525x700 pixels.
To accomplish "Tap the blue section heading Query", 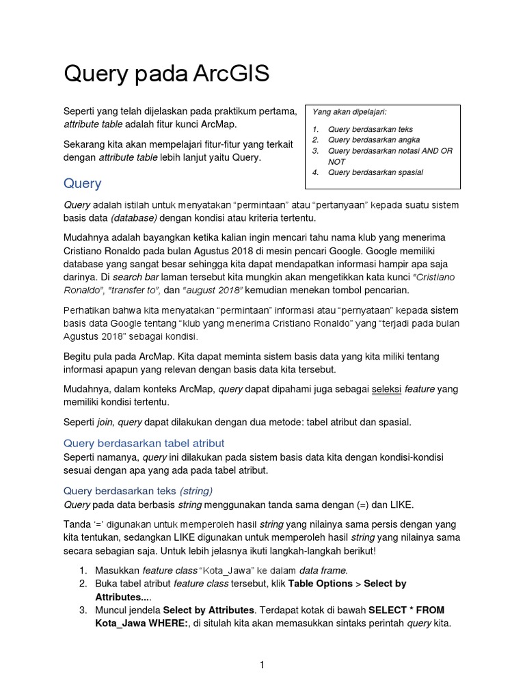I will click(82, 183).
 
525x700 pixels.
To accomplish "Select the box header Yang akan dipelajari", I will click(349, 111).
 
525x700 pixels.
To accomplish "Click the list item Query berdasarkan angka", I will click(370, 140).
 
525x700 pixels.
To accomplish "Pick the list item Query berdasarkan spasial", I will click(375, 172).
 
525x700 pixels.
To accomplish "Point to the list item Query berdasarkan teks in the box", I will click(370, 129).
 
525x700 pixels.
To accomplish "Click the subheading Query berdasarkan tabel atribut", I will click(144, 443).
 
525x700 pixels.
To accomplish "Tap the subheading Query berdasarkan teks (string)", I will click(138, 490).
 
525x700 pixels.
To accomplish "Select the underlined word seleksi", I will click(386, 389).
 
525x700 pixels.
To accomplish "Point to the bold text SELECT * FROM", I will click(405, 609).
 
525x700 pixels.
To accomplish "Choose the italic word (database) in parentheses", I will click(134, 217).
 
